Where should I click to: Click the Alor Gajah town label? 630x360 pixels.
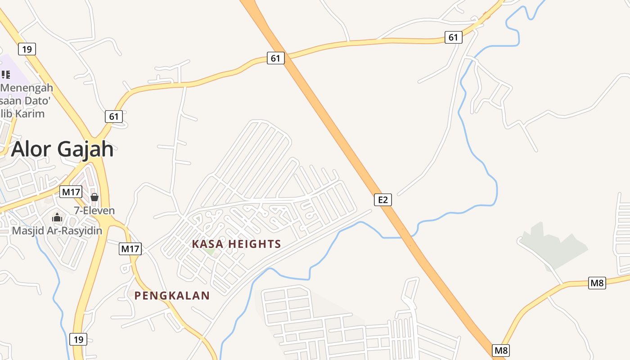(62, 149)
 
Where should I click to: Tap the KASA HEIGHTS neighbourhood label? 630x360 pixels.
(236, 244)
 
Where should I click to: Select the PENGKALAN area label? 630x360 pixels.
(172, 296)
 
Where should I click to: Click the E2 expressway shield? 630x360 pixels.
(382, 199)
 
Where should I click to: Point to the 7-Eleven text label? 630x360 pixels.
(94, 211)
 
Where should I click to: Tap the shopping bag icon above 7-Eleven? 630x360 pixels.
(94, 197)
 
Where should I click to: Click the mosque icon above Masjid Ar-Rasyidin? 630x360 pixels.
(57, 218)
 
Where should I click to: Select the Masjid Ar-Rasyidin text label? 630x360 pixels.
(57, 231)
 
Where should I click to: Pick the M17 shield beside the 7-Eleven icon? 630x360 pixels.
(71, 192)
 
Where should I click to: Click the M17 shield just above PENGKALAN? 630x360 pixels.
(130, 248)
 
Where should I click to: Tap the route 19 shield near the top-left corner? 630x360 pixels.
(27, 49)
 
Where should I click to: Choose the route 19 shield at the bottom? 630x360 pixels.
(78, 339)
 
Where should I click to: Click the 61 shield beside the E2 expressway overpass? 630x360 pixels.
(275, 58)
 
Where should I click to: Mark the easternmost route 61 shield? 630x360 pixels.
(453, 37)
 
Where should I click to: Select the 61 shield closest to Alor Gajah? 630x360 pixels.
(114, 117)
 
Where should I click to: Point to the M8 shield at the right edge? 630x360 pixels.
(597, 283)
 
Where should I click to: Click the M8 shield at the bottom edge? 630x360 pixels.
(501, 350)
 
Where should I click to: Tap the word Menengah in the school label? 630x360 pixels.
(27, 88)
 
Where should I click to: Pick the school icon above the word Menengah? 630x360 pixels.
(5, 74)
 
